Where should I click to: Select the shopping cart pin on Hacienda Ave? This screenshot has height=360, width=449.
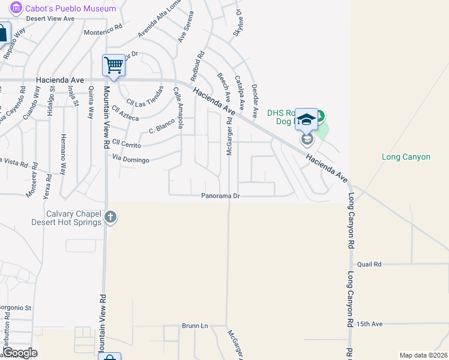113,65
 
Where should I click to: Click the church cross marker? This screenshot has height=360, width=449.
110,217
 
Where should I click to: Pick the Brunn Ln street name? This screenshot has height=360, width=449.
194,326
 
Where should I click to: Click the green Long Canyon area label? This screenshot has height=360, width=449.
406,157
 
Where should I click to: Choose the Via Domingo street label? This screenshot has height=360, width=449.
130,159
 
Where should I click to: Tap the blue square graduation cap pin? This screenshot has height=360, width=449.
306,119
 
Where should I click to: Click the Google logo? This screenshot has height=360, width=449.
20,353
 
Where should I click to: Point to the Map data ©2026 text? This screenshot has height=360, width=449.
424,355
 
